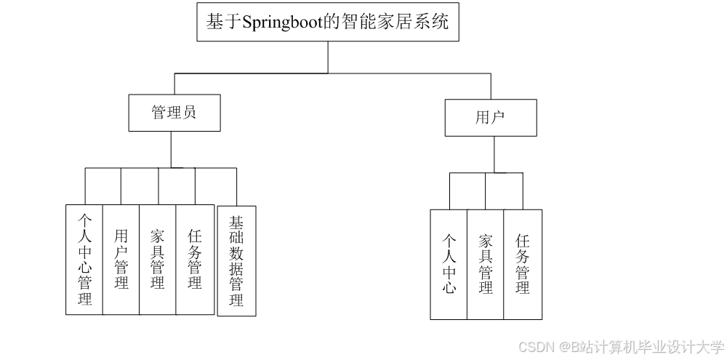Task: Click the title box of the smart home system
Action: click(328, 22)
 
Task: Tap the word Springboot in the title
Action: click(281, 23)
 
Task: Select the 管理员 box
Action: click(174, 113)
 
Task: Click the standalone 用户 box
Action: click(491, 118)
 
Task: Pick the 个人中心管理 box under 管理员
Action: click(84, 260)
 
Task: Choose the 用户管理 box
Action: click(121, 260)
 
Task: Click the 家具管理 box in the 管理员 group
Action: click(158, 260)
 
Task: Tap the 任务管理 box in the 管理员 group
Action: click(195, 260)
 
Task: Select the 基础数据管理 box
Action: click(236, 260)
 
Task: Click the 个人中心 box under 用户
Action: click(449, 264)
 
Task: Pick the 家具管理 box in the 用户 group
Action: click(486, 264)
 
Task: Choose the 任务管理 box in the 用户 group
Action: click(523, 264)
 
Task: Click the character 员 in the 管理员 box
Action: click(189, 113)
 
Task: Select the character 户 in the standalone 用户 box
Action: click(498, 118)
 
